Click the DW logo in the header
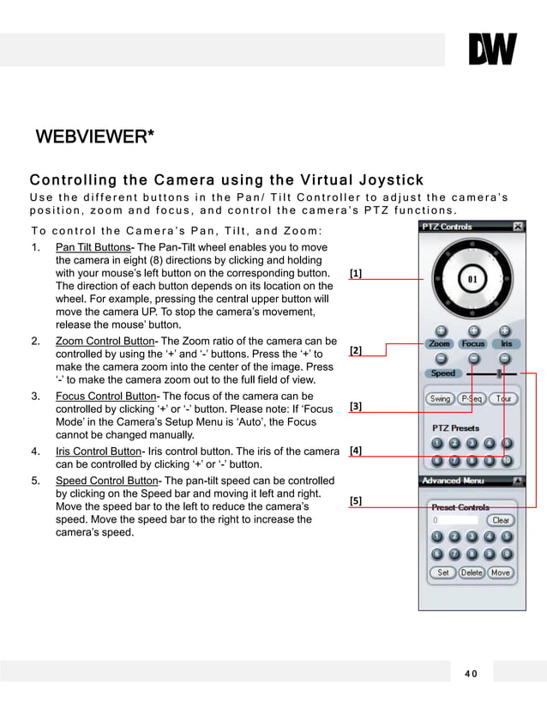tap(492, 50)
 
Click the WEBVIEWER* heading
tap(94, 137)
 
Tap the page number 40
tap(471, 673)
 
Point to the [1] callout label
tap(356, 274)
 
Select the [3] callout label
tap(356, 406)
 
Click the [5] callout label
tap(356, 500)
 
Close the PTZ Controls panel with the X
tap(518, 227)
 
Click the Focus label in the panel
tap(472, 343)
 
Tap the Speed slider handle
tap(498, 373)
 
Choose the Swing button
tap(440, 399)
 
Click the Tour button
tap(503, 399)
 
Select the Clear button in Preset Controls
tap(501, 520)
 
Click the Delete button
tap(472, 573)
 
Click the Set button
tap(442, 573)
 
